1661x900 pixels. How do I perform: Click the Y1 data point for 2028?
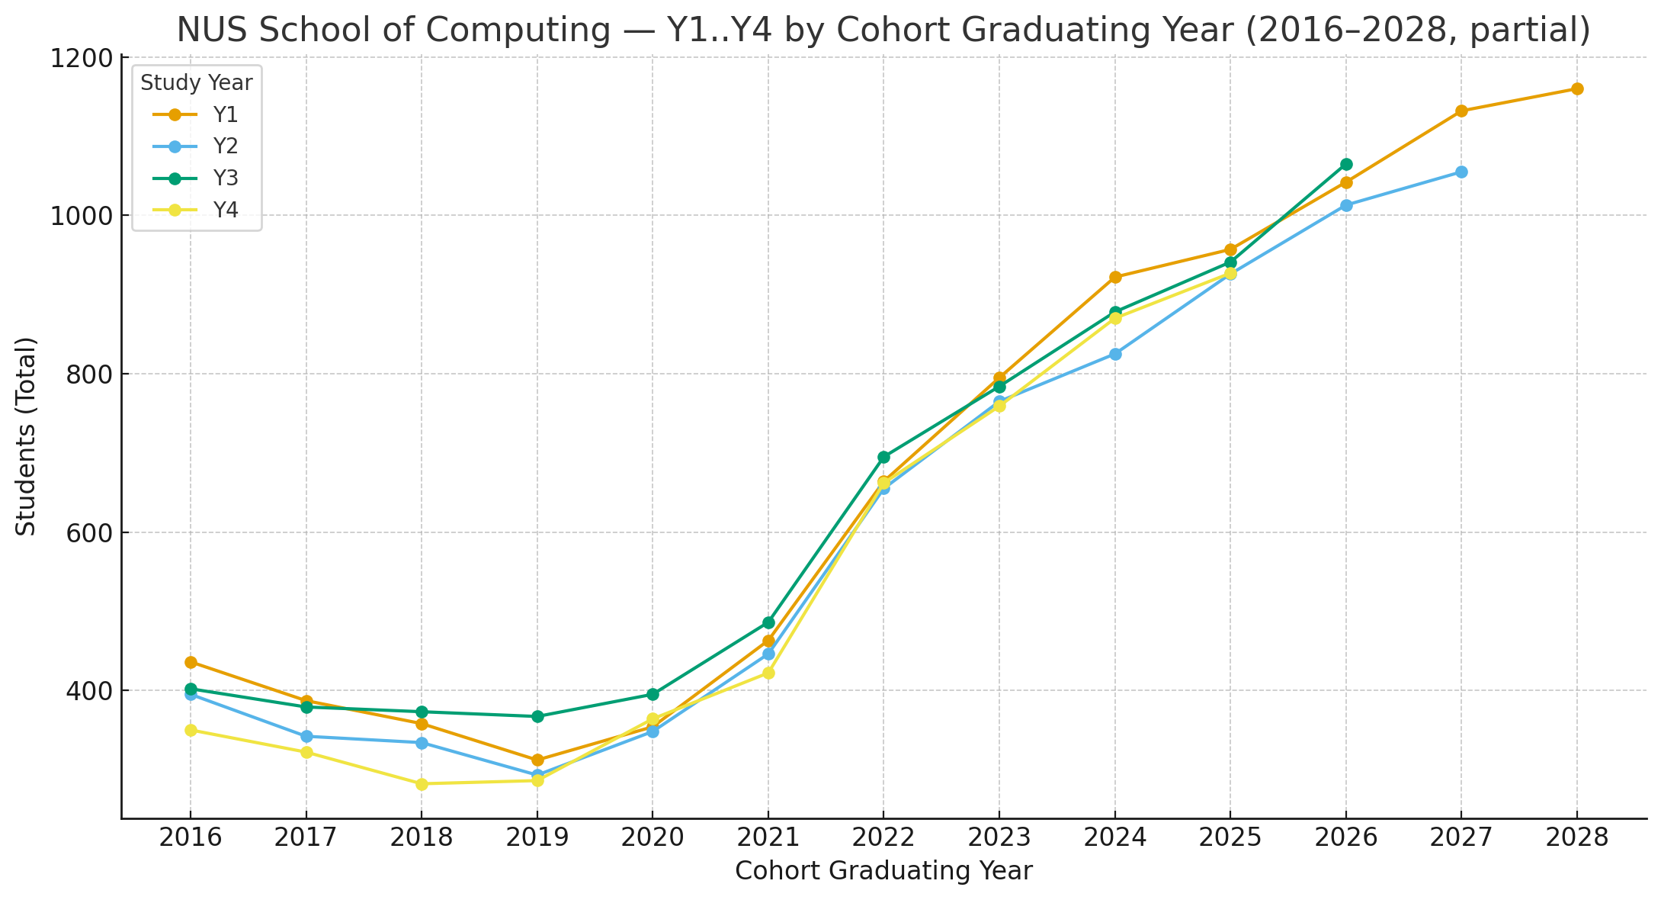pos(1577,89)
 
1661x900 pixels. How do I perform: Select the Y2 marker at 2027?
pos(1461,172)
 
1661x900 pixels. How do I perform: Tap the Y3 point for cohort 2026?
pos(1346,165)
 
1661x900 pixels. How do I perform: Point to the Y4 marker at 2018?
pos(422,784)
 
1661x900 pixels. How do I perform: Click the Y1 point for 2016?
pos(191,663)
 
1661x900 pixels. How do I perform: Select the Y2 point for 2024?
pos(1115,355)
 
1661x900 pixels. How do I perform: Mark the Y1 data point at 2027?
pos(1461,111)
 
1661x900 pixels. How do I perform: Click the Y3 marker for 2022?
pos(883,458)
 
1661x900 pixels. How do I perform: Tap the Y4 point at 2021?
pos(768,673)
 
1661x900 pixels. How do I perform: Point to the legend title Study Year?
pos(197,83)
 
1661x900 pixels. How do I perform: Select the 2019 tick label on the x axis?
pos(537,838)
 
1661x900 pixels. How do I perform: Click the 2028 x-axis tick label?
pos(1577,838)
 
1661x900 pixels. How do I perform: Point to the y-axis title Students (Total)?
pos(27,436)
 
